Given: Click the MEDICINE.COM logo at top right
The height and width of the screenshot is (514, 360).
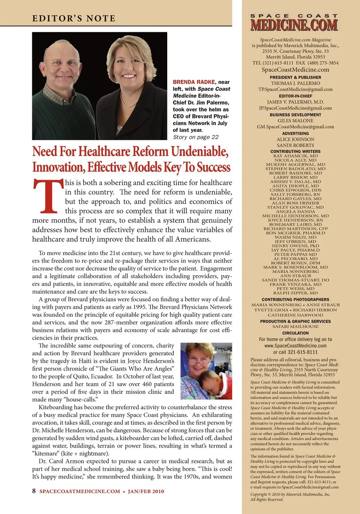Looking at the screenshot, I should coord(294,25).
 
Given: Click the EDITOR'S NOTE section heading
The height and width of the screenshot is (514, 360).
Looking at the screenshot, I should coord(74,18).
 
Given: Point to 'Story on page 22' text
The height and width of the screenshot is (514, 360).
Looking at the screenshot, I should coord(195,137).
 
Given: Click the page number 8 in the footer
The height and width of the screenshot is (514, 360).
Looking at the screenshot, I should coord(34,491).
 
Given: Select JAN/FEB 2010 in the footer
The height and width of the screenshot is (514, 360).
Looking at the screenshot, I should coord(146,491).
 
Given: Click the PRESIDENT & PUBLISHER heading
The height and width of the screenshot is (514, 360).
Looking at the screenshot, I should coord(295,77).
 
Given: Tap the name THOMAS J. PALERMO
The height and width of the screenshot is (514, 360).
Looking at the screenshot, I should coord(295,83).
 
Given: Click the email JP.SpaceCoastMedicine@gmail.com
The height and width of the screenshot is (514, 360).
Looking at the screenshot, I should coord(295,108).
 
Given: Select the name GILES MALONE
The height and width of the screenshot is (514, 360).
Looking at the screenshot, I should coord(295,121).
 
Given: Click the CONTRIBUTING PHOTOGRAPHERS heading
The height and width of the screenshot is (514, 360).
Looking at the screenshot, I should coord(295,300).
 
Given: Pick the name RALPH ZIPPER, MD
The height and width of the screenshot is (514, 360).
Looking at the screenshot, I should coord(295,293).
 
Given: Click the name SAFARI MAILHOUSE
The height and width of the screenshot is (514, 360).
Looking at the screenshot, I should coord(295,327).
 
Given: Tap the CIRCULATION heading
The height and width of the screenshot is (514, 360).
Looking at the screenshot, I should coord(295,333).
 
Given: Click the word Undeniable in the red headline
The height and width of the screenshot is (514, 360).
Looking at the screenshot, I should coord(199,151).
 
